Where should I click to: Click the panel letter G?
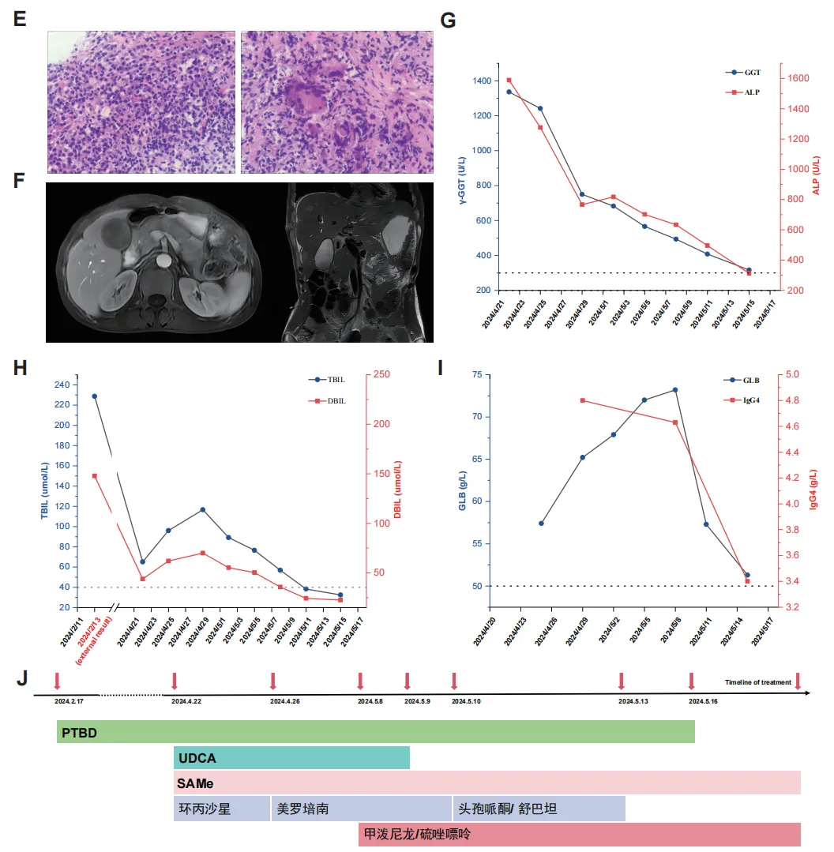tap(448, 21)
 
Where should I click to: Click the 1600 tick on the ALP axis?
tap(794, 78)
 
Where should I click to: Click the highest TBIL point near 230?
tap(95, 396)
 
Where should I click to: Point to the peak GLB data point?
tap(675, 389)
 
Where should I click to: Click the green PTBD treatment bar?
tap(375, 731)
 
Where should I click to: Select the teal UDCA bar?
tap(291, 758)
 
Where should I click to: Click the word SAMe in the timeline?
tap(197, 783)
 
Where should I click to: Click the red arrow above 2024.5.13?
tap(622, 681)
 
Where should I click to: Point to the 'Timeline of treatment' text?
tap(758, 682)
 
